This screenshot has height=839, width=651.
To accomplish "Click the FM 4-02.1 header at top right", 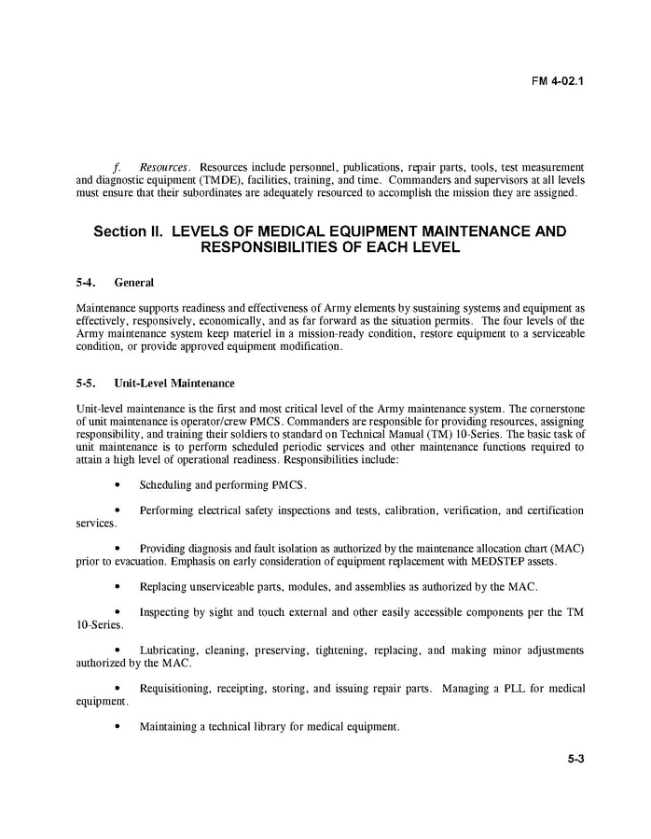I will coord(558,80).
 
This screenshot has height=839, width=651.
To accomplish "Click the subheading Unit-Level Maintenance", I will coord(174,384).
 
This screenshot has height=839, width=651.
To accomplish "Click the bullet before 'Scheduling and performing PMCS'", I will coord(117,485).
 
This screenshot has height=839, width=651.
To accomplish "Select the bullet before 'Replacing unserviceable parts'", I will coord(117,587).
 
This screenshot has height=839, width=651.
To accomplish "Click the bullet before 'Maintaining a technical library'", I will coord(117,727).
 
